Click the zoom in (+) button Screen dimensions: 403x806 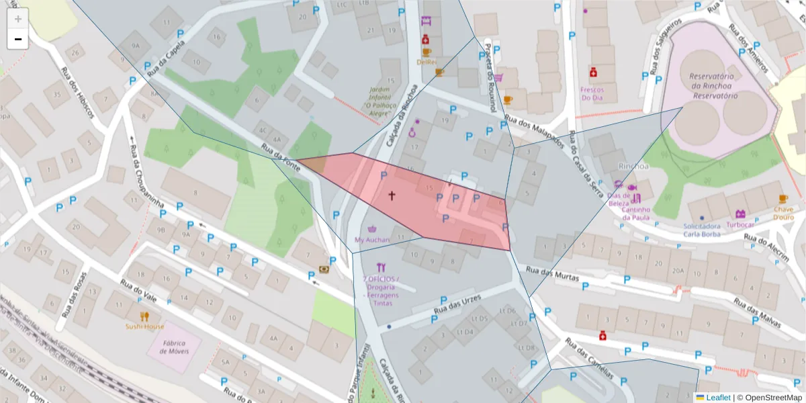18,19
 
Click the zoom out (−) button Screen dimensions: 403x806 18,39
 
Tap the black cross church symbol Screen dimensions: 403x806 392,196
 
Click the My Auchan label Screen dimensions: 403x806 372,240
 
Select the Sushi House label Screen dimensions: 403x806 144,326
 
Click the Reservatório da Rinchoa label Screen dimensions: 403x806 713,86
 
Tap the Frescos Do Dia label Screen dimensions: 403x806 592,93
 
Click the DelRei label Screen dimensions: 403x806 427,62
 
